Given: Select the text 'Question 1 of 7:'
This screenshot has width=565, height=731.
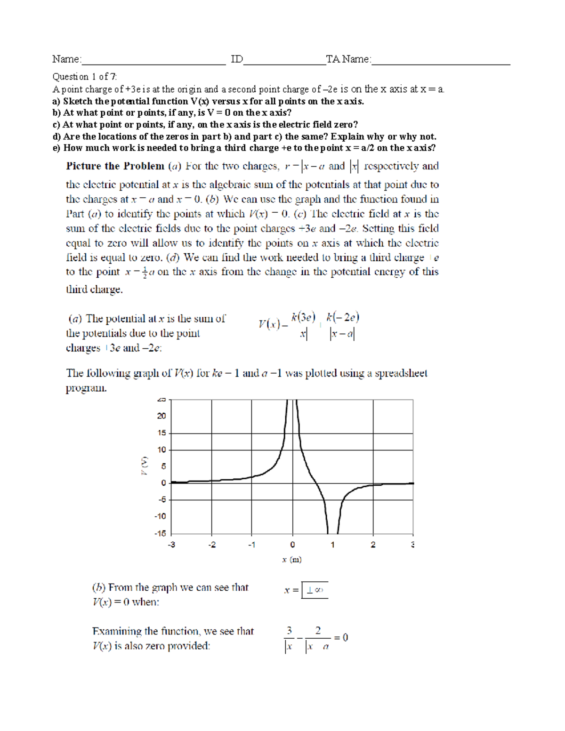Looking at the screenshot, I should [x=85, y=77].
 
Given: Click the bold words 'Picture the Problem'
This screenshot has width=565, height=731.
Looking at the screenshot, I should [x=115, y=166].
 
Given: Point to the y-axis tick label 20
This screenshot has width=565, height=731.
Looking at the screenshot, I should [x=161, y=416].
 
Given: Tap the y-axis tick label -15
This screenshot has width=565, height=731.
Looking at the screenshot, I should [x=160, y=533].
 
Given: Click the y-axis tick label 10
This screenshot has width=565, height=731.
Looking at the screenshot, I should [x=161, y=450].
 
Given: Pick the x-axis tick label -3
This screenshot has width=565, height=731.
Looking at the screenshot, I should [x=171, y=545].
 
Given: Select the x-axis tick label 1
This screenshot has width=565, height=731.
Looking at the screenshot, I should [x=332, y=545].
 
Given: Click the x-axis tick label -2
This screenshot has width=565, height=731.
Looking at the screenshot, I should [x=212, y=545].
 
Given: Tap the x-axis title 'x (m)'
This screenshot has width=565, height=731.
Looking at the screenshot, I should [x=292, y=560].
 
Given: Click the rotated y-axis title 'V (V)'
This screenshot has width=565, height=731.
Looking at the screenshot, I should [x=145, y=466].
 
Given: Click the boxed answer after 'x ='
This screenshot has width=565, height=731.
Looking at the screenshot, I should [x=315, y=590].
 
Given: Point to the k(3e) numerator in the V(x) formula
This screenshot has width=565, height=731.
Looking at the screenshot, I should [x=303, y=317].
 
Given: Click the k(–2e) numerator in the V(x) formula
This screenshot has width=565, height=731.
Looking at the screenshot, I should [x=343, y=317].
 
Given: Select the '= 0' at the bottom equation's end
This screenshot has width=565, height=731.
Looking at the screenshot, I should [x=341, y=638].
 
